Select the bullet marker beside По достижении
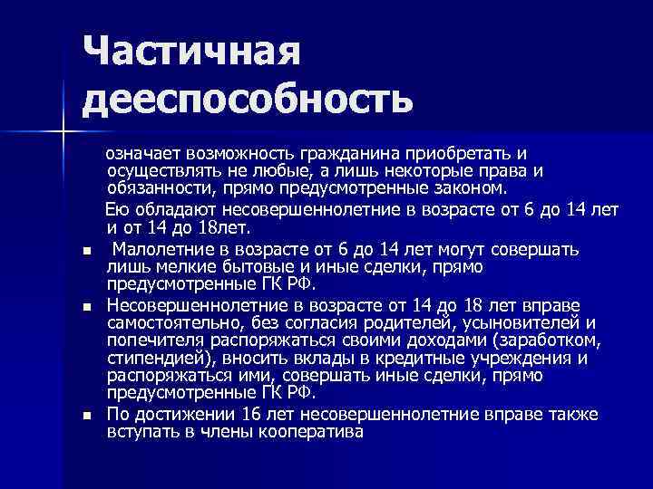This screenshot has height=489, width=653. point(86,416)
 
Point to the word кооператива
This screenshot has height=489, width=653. point(314,432)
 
